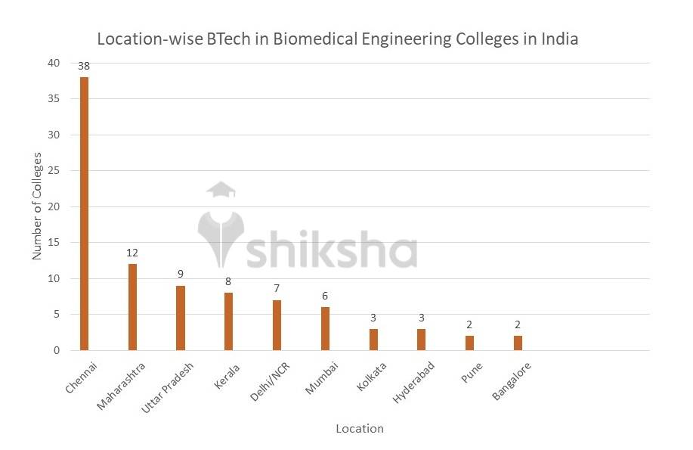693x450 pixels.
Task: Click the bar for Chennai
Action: coord(84,213)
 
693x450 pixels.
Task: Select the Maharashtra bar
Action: coord(132,306)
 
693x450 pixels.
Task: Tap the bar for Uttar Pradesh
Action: coord(181,318)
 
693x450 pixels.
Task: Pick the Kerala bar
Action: coord(228,321)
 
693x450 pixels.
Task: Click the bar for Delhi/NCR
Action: coord(277,325)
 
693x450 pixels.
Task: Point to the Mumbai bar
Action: coord(325,328)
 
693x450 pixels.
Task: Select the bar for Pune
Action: coord(469,343)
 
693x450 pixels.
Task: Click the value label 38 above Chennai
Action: coord(84,67)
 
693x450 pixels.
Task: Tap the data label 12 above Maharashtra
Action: coord(132,253)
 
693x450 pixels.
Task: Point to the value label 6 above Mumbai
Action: coord(325,296)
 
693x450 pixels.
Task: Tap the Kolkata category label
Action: coord(371,377)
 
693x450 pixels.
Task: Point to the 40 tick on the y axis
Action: coord(53,63)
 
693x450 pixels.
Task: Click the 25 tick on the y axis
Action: coord(53,171)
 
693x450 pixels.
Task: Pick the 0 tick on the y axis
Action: coord(56,350)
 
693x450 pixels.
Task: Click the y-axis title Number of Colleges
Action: coord(36,206)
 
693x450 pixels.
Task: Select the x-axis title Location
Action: coord(360,429)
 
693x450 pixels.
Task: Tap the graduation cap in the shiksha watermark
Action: coord(221,189)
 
